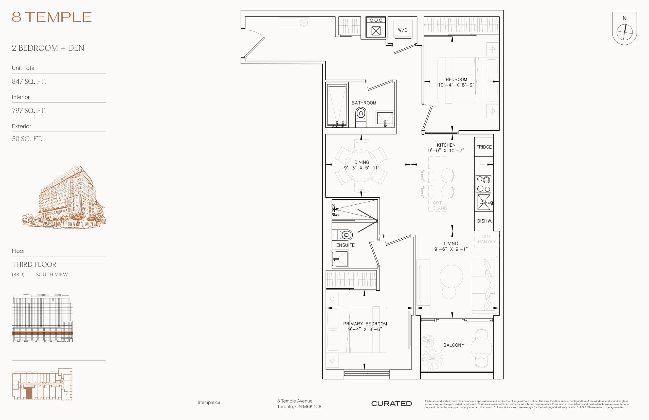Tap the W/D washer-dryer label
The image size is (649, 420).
tap(403, 30)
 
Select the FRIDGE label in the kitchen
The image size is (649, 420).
tap(484, 147)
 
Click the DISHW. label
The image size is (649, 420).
tap(484, 221)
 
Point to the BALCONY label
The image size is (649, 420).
tap(454, 345)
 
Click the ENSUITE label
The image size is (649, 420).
tap(345, 245)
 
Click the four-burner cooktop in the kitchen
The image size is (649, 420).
tap(483, 184)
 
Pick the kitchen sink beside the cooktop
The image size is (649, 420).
tap(484, 202)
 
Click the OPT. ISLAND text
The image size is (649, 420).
tap(439, 206)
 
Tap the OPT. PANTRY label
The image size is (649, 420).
tap(486, 239)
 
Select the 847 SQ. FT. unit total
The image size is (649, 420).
tap(29, 81)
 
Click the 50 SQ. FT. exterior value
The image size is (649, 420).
tap(27, 138)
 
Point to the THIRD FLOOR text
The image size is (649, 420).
tap(34, 264)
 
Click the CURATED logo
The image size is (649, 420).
tap(391, 403)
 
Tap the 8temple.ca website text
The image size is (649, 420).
tap(209, 402)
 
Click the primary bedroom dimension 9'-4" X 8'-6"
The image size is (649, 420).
tap(365, 329)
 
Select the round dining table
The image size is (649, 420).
tap(361, 166)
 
